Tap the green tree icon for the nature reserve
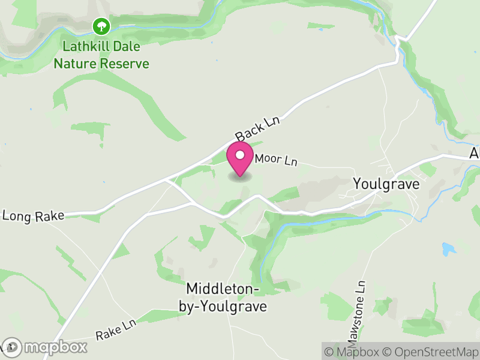(101, 26)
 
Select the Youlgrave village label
(386, 184)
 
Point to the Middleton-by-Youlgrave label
(223, 298)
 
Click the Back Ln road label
(259, 127)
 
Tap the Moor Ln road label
(276, 161)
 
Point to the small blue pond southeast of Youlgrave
(448, 248)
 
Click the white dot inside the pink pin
(240, 155)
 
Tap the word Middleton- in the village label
(223, 289)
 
